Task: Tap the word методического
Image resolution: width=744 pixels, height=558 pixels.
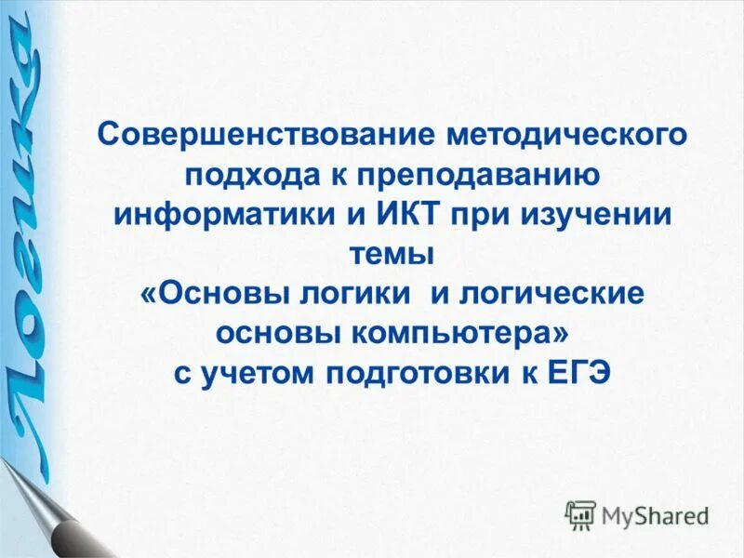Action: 568,137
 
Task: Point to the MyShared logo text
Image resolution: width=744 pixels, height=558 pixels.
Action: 655,514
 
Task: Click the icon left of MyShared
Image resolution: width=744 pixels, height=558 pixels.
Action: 580,514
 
